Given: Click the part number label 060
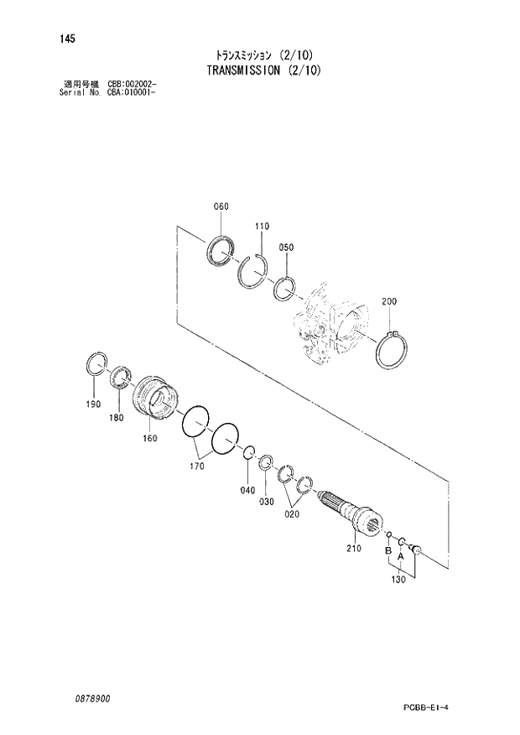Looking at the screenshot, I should [221, 207].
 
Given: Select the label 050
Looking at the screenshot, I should [286, 248].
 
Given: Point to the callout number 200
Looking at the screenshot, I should [389, 301].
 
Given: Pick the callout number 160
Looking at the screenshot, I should [149, 438].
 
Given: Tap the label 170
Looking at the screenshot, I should [197, 466].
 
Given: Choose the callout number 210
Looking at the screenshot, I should [352, 550].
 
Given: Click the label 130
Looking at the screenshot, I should [399, 579].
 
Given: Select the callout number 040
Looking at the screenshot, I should [248, 490].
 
